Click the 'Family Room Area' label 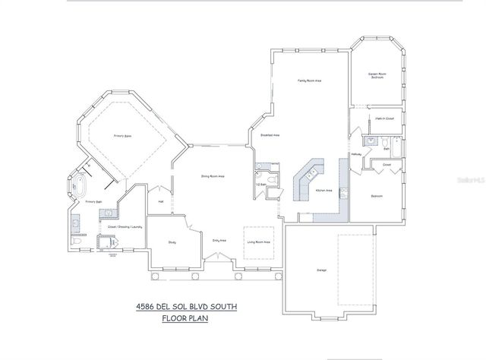coord(309,80)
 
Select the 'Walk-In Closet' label coord(384,118)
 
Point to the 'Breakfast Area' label coord(271,135)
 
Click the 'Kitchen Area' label coord(323,191)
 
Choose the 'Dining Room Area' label coord(212,176)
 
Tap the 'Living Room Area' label coord(258,242)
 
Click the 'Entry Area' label coord(219,240)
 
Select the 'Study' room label coord(172,242)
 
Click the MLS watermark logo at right coord(472,182)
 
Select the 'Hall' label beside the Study coord(161,201)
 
